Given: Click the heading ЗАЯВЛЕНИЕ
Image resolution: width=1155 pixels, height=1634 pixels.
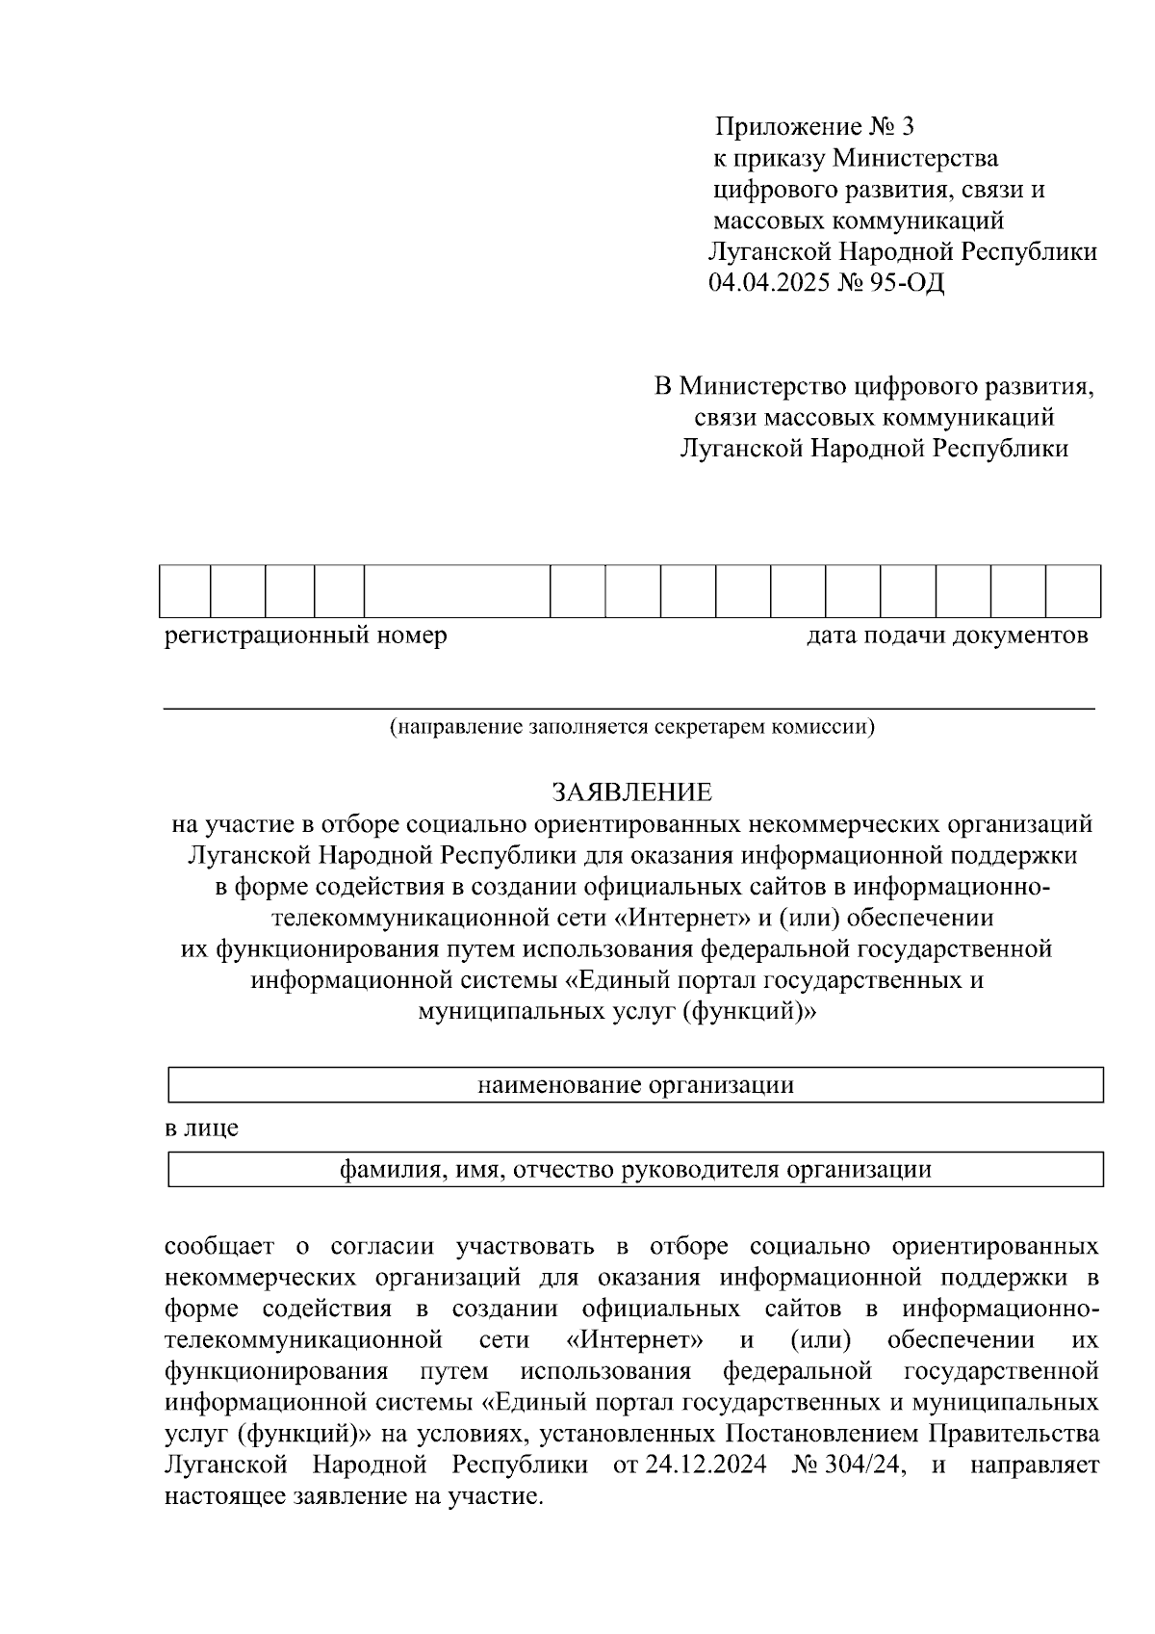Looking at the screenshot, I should [x=631, y=792].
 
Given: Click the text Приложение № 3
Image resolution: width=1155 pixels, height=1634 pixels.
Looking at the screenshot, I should [x=813, y=126].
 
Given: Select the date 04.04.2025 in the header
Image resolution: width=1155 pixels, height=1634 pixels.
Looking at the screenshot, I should [x=767, y=283].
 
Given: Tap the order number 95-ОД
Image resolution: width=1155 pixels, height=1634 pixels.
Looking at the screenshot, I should [x=908, y=283].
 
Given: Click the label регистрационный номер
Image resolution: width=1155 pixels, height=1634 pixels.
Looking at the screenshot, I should [x=305, y=635].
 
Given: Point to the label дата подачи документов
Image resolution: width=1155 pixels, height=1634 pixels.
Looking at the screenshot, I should [x=947, y=635].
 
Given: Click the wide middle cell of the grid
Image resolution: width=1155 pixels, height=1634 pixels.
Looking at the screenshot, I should [x=456, y=591].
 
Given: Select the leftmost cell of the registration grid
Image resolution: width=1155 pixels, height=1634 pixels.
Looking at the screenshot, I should [x=185, y=591].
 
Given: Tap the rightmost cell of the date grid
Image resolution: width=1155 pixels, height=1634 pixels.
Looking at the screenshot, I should [x=1072, y=591].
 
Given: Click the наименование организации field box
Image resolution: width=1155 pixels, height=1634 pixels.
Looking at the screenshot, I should [x=635, y=1085].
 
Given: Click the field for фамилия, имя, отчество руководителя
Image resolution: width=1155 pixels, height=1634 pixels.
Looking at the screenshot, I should [x=635, y=1169].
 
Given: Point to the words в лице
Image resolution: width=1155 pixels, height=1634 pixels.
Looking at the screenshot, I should [x=201, y=1128].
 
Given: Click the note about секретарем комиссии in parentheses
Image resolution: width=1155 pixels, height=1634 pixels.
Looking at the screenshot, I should [x=631, y=727].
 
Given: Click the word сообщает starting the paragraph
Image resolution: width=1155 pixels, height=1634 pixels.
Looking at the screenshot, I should [x=219, y=1247].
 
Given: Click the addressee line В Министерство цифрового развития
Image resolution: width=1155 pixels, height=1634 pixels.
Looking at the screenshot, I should [x=874, y=387].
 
